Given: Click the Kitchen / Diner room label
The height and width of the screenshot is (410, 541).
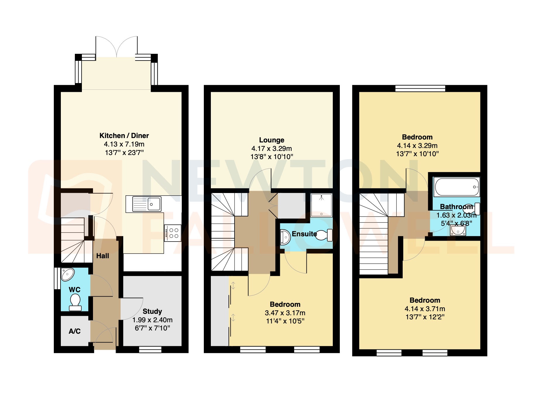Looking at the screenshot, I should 124,136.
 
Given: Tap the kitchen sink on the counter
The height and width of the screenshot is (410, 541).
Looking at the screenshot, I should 147,204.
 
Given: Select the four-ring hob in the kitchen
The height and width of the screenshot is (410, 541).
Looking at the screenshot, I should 173,233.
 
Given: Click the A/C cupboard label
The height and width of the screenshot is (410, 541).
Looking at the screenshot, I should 75,331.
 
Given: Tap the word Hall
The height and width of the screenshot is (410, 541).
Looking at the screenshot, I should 103,256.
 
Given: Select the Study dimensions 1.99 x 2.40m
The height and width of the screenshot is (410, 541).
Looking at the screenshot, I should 152,320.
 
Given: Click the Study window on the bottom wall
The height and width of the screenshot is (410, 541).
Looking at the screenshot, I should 150,349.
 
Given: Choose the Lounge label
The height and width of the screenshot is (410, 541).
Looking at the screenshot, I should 271,140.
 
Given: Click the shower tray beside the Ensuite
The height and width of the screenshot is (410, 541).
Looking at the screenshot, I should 321,205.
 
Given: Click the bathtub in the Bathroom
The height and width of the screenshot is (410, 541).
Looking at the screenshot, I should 456,187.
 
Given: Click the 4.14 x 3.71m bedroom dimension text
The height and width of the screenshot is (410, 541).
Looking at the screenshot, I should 425,309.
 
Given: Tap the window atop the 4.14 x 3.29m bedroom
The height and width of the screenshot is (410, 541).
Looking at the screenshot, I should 420,88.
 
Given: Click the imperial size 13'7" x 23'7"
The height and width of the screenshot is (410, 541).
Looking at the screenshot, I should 124,153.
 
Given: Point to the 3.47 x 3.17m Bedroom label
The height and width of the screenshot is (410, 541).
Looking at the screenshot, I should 285,304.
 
